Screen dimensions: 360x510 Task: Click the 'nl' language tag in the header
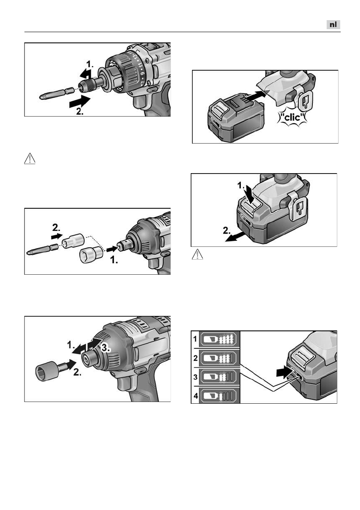pyautogui.click(x=333, y=25)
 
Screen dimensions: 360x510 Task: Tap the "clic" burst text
pyautogui.click(x=292, y=117)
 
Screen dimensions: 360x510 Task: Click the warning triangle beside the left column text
pyautogui.click(x=30, y=159)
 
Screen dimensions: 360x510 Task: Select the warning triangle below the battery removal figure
pyautogui.click(x=198, y=254)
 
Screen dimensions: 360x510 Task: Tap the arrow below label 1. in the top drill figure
pyautogui.click(x=85, y=74)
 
